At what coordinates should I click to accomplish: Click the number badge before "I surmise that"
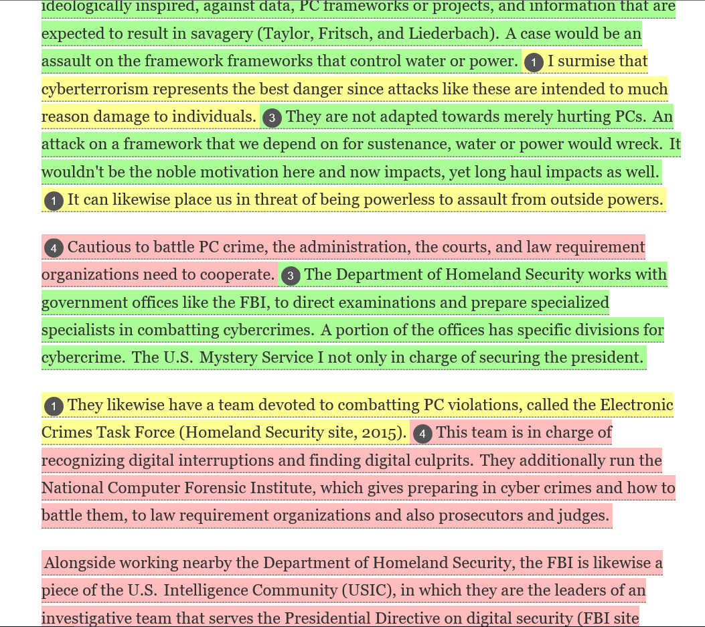(534, 62)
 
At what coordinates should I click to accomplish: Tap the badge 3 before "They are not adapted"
(271, 118)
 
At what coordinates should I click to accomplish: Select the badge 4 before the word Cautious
(54, 248)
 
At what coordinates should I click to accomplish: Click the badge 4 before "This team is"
(422, 434)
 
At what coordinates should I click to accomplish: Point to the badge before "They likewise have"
(54, 406)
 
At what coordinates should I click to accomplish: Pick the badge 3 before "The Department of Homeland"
(290, 276)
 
